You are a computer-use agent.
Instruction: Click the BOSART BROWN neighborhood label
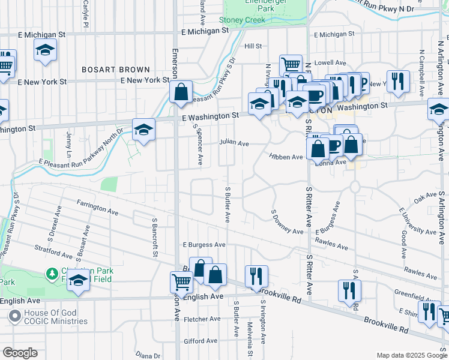point(116,70)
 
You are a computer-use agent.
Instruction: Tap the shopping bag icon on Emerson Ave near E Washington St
point(181,92)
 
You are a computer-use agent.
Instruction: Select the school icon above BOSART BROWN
point(45,50)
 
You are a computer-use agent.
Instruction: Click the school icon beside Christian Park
point(78,280)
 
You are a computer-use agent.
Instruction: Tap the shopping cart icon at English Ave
point(181,281)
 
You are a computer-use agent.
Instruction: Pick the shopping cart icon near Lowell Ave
point(291,64)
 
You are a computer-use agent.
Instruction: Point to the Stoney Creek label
point(242,20)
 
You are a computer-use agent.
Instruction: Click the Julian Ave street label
point(234,143)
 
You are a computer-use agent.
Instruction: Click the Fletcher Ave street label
point(203,319)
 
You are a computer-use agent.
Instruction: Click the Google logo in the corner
point(20,352)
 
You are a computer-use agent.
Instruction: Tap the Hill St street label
point(253,46)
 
